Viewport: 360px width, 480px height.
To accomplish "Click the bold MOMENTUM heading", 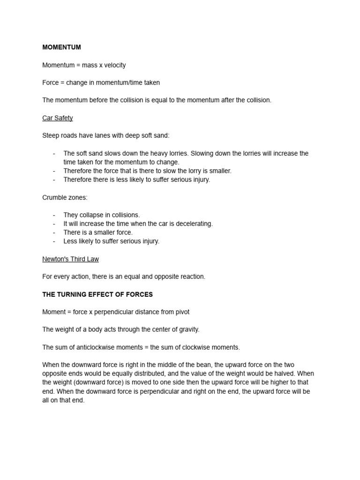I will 61,47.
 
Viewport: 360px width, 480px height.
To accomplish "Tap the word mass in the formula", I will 89,65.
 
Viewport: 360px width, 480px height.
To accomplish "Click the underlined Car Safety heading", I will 58,118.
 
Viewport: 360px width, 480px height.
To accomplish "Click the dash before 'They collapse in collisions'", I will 54,215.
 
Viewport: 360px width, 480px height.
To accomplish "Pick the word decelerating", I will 194,224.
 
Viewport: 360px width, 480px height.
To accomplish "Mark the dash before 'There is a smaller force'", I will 54,232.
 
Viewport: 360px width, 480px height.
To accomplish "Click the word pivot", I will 181,312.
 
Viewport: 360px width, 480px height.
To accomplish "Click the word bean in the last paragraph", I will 202,365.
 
